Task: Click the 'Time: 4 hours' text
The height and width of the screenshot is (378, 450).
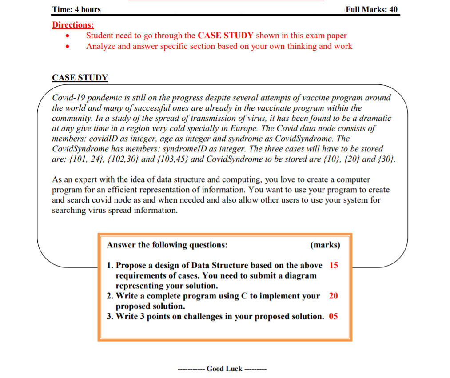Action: pyautogui.click(x=76, y=9)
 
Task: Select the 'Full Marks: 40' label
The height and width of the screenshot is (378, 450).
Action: pyautogui.click(x=371, y=9)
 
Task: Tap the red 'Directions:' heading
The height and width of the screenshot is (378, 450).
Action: pyautogui.click(x=73, y=25)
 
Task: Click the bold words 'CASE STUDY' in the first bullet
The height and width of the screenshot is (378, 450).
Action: pyautogui.click(x=225, y=36)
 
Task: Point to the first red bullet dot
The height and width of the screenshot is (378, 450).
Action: pyautogui.click(x=67, y=36)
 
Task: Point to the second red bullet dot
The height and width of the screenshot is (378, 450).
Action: pyautogui.click(x=67, y=47)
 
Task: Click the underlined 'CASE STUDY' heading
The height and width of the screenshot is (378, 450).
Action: pyautogui.click(x=80, y=77)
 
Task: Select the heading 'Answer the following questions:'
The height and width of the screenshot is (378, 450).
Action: pyautogui.click(x=167, y=245)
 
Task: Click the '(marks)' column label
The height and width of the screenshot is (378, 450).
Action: pyautogui.click(x=325, y=245)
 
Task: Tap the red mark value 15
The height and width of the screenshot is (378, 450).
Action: pyautogui.click(x=334, y=265)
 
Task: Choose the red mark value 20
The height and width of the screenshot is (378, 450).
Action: pyautogui.click(x=334, y=296)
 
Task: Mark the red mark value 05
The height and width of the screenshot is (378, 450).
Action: pyautogui.click(x=333, y=316)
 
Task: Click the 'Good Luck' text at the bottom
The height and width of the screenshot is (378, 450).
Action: pyautogui.click(x=224, y=368)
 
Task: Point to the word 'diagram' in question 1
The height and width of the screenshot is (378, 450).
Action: pyautogui.click(x=302, y=275)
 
